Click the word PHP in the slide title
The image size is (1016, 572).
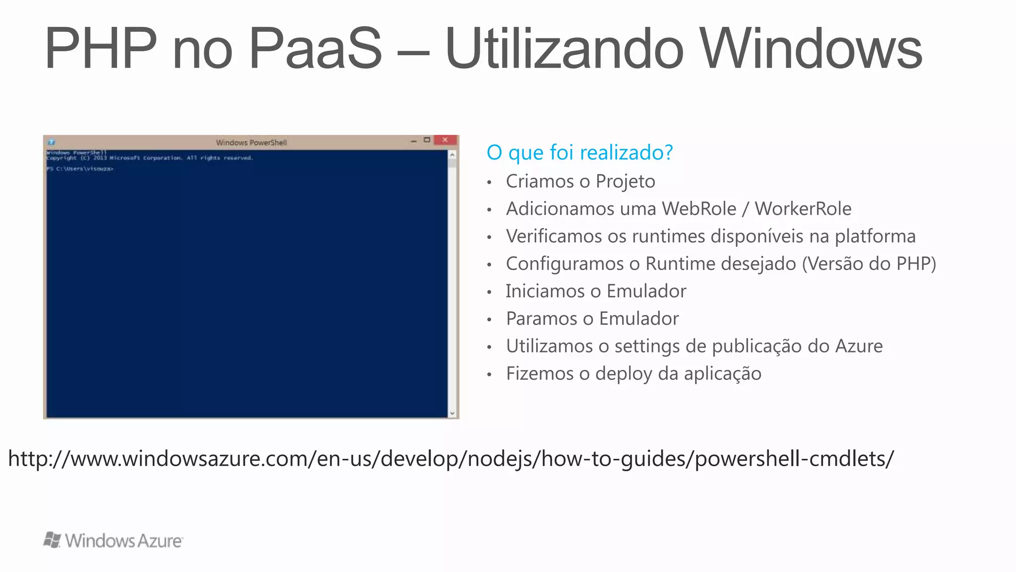(x=101, y=49)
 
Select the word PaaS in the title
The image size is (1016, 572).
(x=315, y=49)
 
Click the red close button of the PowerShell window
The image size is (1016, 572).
(x=445, y=140)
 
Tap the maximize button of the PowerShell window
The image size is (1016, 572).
(x=427, y=140)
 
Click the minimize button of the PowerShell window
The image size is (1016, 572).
(x=413, y=141)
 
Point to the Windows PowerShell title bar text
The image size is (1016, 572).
(x=251, y=143)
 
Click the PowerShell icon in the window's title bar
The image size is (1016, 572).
(x=51, y=143)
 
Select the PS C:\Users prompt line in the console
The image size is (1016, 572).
(x=80, y=169)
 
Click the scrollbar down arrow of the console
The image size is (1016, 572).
(x=452, y=413)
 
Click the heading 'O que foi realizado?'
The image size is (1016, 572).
(x=579, y=152)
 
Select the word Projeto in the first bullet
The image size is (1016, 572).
(x=625, y=182)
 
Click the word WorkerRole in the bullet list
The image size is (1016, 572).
(x=803, y=209)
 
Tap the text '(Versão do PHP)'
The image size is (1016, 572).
(x=869, y=264)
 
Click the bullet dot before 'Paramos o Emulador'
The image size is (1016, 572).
(x=489, y=319)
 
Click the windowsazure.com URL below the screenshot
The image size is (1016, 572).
(x=451, y=458)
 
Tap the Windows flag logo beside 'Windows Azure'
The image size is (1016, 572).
(x=52, y=540)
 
